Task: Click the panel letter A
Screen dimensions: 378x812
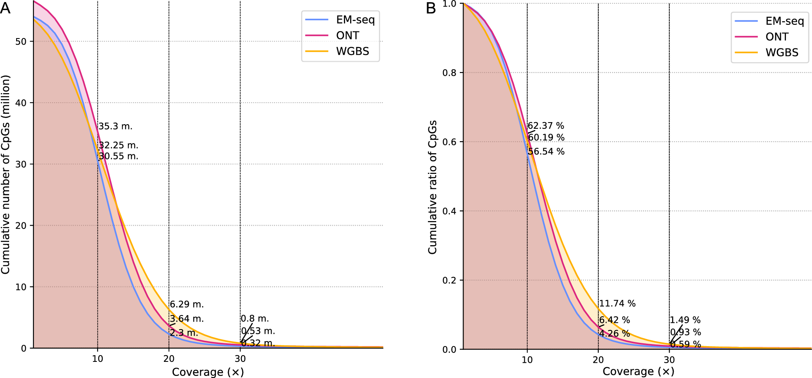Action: [5, 8]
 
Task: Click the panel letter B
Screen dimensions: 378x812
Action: [431, 8]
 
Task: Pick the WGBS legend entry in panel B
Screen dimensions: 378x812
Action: [781, 53]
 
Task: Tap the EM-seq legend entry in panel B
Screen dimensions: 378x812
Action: [784, 21]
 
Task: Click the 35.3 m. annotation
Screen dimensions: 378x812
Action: [115, 126]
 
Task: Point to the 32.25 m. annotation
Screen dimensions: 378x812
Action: [118, 145]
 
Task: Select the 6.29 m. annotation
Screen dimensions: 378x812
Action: [187, 304]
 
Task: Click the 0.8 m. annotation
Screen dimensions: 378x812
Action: [255, 318]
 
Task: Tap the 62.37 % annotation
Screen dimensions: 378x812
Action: [546, 125]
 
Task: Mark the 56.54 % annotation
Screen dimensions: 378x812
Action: [546, 152]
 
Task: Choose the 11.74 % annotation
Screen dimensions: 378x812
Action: [617, 303]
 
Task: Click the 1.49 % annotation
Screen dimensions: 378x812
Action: [685, 320]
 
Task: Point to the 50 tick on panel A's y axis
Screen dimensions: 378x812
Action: [21, 42]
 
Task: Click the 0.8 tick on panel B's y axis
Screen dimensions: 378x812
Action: [449, 73]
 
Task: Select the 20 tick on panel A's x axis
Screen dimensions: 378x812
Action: [169, 359]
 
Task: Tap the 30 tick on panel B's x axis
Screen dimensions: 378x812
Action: [669, 360]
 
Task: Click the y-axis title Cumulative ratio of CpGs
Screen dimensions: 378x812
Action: [432, 187]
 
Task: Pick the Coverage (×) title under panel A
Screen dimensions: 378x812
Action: [208, 372]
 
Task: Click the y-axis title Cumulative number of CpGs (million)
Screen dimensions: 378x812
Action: [5, 174]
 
